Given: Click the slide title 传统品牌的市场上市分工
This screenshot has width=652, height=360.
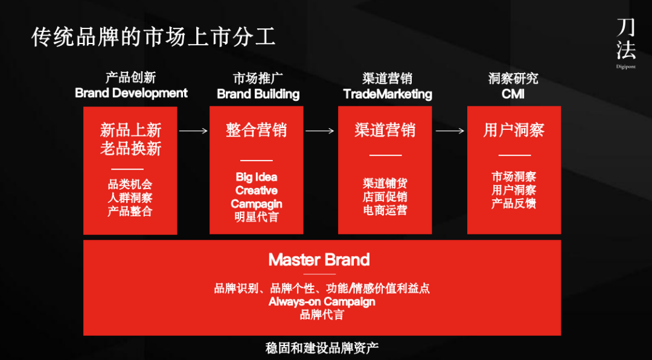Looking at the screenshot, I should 153,37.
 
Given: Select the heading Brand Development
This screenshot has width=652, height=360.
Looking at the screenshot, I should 131,93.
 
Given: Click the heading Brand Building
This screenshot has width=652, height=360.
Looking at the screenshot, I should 258,94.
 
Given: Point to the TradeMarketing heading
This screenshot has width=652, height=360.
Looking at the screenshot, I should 388,94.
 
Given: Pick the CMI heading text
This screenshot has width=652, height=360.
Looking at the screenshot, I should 513,94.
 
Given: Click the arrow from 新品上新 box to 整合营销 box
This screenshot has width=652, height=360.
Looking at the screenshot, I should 193,130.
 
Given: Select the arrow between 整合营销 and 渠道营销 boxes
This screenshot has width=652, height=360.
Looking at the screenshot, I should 320,130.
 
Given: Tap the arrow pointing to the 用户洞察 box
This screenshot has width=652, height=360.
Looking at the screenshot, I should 450,130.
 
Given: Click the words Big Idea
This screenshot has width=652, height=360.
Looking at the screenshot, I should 257,177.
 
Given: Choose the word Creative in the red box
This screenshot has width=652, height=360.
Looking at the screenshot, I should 257,190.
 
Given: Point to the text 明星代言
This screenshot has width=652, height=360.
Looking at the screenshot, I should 257,217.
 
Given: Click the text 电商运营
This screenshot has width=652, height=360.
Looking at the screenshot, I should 385,210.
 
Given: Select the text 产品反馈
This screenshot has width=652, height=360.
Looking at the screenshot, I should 514,204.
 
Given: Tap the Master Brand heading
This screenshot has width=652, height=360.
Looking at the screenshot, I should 319,260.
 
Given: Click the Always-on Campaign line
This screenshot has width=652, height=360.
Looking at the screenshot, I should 322,301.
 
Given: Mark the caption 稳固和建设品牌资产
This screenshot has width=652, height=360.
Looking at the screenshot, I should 322,349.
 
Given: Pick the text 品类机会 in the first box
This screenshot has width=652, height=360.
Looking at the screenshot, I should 130,184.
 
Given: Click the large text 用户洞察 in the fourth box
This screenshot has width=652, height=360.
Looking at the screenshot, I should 514,130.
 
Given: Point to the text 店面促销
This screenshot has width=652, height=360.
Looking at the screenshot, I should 385,197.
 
